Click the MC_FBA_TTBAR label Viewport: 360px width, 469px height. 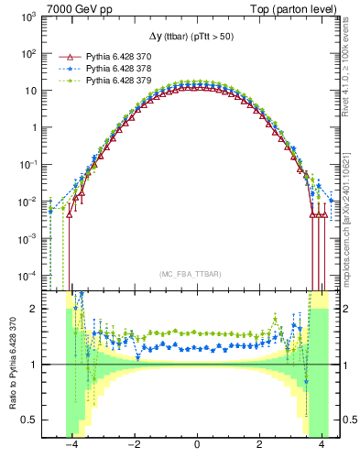click(197, 274)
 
